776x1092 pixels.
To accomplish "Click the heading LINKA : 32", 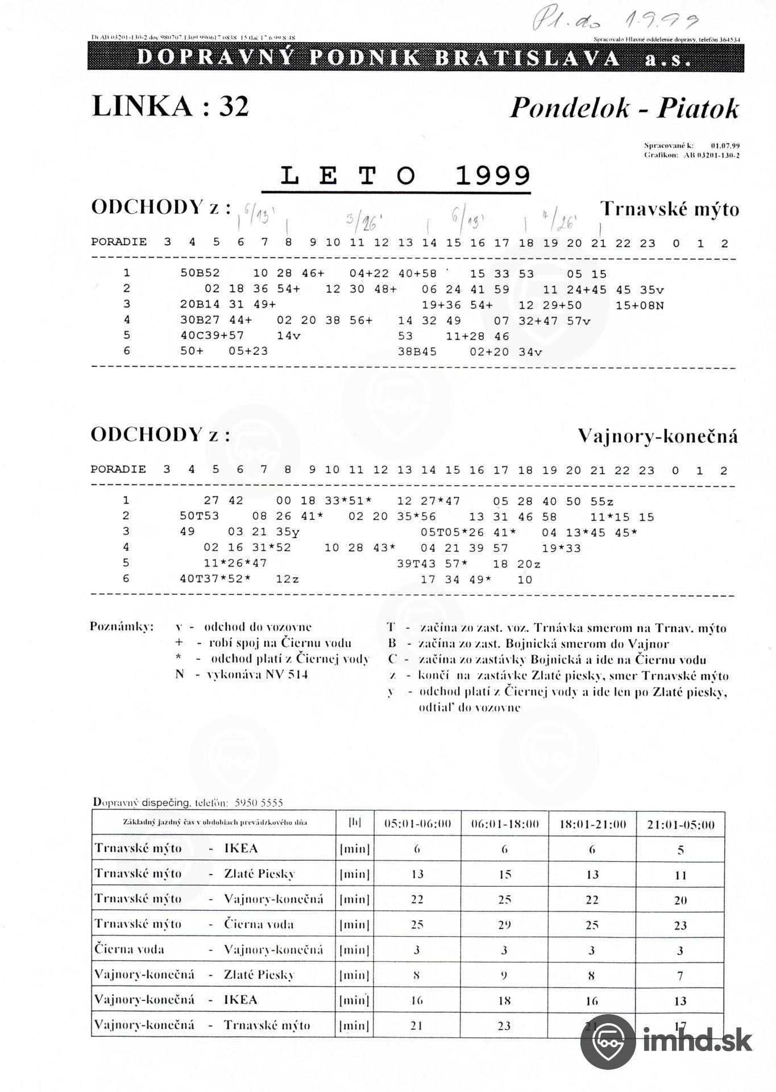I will point(170,106).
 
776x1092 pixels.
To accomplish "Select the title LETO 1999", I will point(405,176).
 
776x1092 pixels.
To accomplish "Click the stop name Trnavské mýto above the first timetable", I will point(670,209).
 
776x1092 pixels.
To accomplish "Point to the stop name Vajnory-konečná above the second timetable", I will point(658,436).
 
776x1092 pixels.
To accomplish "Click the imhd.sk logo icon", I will point(608,1041).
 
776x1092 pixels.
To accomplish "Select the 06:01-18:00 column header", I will point(504,824).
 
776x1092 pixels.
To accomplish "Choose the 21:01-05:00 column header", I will point(680,824).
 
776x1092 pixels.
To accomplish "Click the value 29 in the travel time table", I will point(504,925).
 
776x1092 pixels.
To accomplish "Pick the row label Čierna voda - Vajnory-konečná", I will point(209,949).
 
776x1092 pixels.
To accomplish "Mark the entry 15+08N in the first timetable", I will point(640,305).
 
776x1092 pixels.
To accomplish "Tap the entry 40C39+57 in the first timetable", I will point(212,336).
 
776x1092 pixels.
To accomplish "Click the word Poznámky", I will point(122,627).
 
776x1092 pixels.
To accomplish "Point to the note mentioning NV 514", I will point(242,675).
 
